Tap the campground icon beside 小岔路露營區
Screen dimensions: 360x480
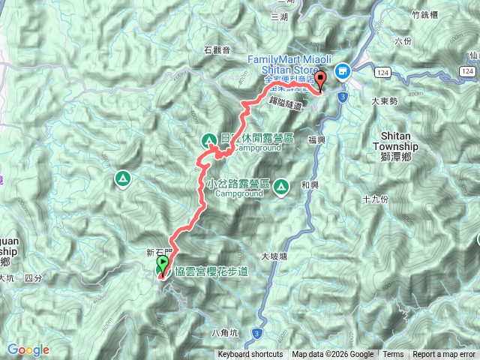point(283,185)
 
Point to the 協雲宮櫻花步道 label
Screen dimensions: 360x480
point(211,272)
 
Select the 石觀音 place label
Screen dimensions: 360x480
point(217,51)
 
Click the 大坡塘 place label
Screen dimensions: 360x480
point(274,256)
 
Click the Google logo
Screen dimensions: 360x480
point(28,349)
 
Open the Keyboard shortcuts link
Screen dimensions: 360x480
point(250,355)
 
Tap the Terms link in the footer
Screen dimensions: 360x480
point(393,355)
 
